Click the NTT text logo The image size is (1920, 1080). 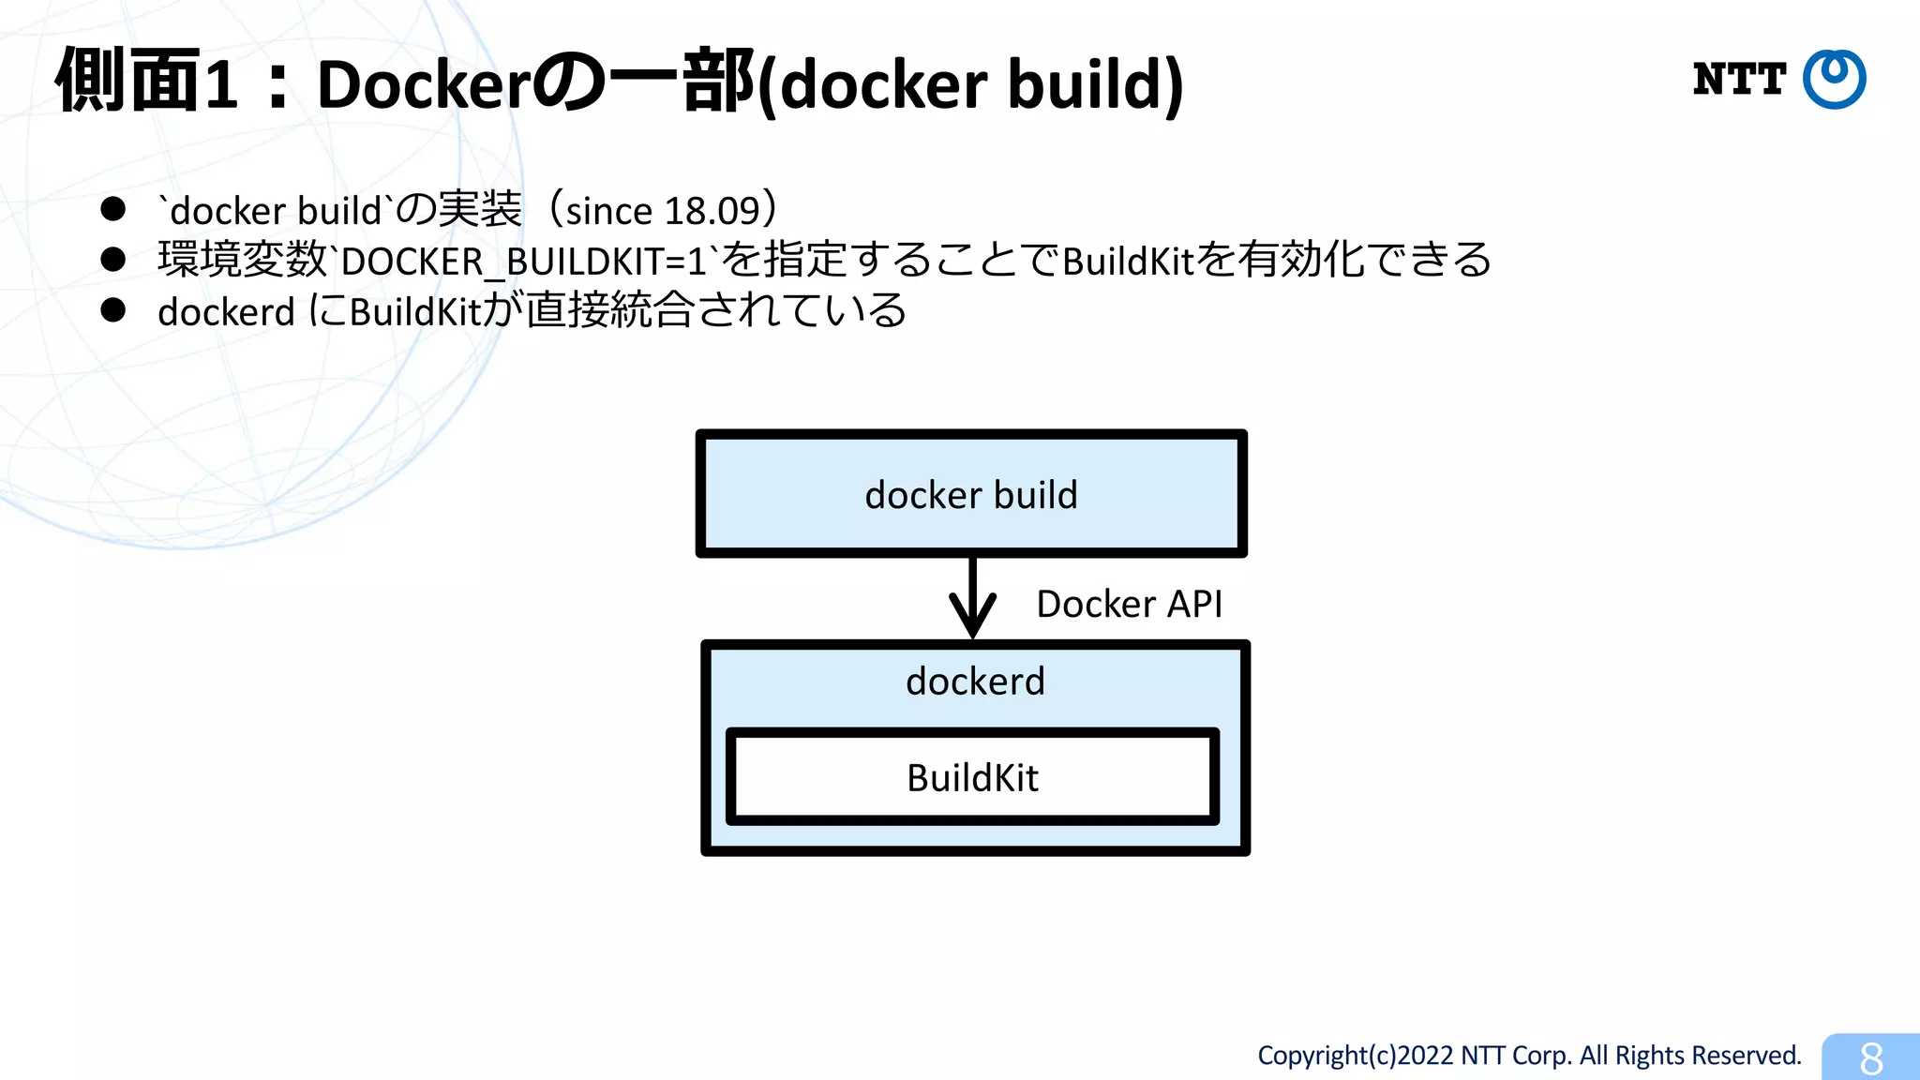pyautogui.click(x=1738, y=80)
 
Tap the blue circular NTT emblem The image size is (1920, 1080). pyautogui.click(x=1835, y=79)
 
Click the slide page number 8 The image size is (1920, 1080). pyautogui.click(x=1870, y=1058)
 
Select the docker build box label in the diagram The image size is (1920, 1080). pyautogui.click(x=971, y=495)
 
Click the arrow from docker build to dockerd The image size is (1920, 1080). pyautogui.click(x=972, y=599)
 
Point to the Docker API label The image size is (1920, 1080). pyautogui.click(x=1129, y=604)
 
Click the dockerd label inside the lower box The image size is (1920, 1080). pyautogui.click(x=975, y=681)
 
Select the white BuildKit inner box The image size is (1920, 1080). pyautogui.click(x=972, y=777)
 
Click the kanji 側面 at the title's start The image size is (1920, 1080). pyautogui.click(x=127, y=82)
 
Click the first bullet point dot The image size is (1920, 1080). pyautogui.click(x=113, y=209)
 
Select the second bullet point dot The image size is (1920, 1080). pyautogui.click(x=113, y=260)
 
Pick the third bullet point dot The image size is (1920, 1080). pyautogui.click(x=113, y=310)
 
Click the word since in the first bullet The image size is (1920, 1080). pyautogui.click(x=608, y=211)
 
